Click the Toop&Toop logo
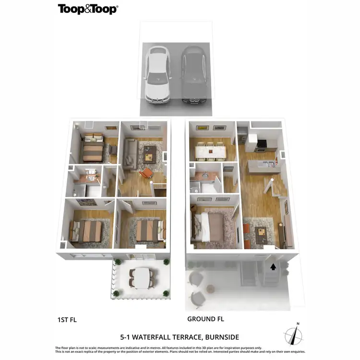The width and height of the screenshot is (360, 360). [88, 9]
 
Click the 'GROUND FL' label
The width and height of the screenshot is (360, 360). [205, 319]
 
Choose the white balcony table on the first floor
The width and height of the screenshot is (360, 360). [142, 277]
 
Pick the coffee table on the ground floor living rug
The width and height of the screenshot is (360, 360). [261, 232]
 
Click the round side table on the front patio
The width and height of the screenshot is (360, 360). [210, 288]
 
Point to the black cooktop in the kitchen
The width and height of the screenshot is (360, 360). [262, 143]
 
